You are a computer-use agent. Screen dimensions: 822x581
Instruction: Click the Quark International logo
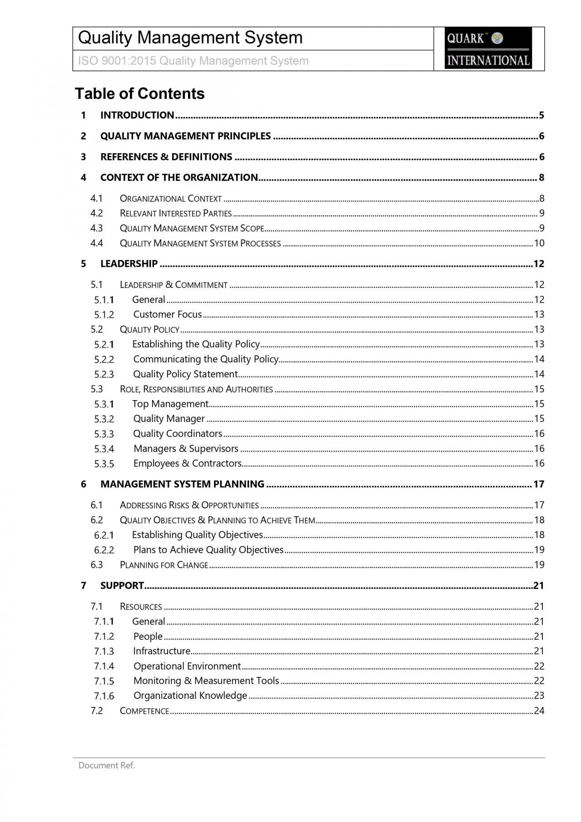[488, 48]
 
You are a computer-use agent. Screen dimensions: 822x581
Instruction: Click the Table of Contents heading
[139, 94]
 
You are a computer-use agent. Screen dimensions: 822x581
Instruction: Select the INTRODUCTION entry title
[137, 115]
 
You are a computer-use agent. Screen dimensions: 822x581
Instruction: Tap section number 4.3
[97, 228]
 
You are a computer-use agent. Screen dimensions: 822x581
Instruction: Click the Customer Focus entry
[167, 314]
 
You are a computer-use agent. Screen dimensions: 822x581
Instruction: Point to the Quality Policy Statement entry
[185, 374]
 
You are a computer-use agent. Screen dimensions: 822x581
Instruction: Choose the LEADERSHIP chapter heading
[129, 264]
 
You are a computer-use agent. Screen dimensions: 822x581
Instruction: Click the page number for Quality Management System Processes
[539, 243]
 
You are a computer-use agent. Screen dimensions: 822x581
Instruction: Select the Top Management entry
[170, 404]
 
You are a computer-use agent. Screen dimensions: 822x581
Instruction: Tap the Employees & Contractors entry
[187, 463]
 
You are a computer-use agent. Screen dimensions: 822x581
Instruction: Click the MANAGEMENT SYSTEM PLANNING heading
[182, 484]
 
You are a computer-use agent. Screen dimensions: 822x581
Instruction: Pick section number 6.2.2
[104, 550]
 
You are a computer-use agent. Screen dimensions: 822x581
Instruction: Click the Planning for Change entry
[164, 565]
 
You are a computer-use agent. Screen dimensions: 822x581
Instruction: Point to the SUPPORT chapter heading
[122, 586]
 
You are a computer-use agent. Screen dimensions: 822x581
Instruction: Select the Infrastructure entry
[162, 651]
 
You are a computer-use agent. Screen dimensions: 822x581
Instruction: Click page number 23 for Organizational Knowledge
[539, 696]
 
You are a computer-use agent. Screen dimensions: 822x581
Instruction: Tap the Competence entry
[144, 711]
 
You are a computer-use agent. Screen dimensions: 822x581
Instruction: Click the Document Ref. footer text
[107, 766]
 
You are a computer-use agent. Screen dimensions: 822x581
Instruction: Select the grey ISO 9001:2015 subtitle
[194, 61]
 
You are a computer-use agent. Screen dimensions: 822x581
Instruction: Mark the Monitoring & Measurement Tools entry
[206, 681]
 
